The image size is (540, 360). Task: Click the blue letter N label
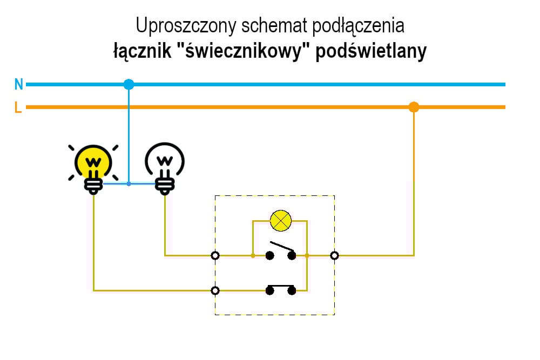pyautogui.click(x=19, y=84)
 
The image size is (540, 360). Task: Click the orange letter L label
pyautogui.click(x=18, y=107)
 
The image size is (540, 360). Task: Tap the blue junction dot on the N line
pyautogui.click(x=129, y=84)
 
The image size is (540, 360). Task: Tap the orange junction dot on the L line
pyautogui.click(x=414, y=107)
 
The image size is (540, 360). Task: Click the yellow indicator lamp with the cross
pyautogui.click(x=280, y=220)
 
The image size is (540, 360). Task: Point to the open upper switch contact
pyautogui.click(x=281, y=252)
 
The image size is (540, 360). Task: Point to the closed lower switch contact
pyautogui.click(x=281, y=289)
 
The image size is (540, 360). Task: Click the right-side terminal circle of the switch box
pyautogui.click(x=334, y=255)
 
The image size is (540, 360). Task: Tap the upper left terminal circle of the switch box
pyautogui.click(x=215, y=255)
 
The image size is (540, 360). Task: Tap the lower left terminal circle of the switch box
pyautogui.click(x=215, y=290)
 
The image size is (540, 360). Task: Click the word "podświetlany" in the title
pyautogui.click(x=371, y=52)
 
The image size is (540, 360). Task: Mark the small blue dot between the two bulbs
pyautogui.click(x=129, y=184)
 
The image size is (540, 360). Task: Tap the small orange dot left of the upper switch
pyautogui.click(x=253, y=255)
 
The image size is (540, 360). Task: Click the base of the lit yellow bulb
pyautogui.click(x=93, y=184)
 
